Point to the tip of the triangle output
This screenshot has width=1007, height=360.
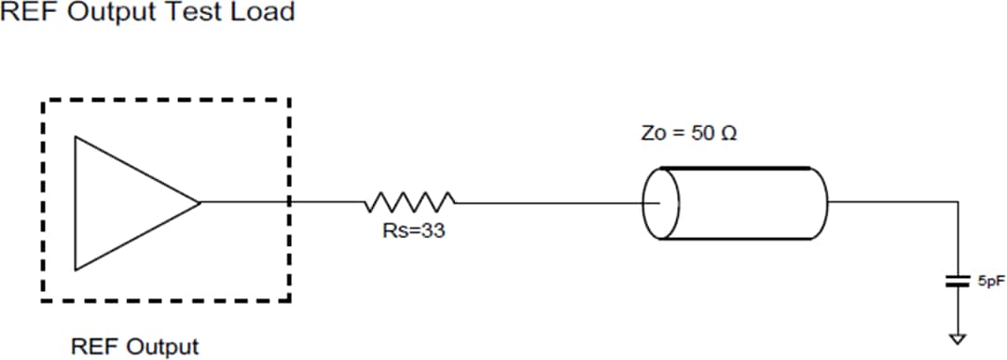(x=199, y=201)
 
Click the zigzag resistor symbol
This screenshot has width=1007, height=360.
(x=410, y=201)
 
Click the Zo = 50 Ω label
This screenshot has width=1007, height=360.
(x=689, y=133)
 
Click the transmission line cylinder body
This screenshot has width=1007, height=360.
(x=746, y=202)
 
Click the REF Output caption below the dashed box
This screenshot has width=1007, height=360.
(x=135, y=347)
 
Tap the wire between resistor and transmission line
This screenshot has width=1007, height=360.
(x=550, y=201)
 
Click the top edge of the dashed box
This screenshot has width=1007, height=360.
(x=166, y=99)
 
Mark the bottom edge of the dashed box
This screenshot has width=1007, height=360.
(x=166, y=300)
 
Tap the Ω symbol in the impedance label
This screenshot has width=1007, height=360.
(x=729, y=133)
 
